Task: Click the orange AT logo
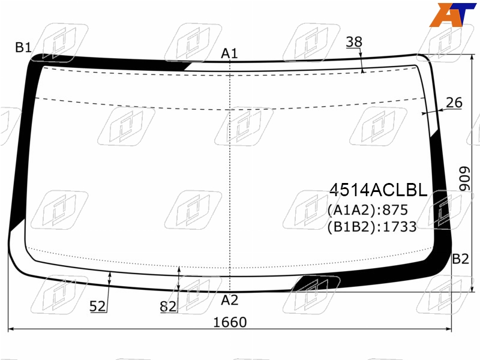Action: click(x=452, y=14)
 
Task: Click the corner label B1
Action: click(x=23, y=47)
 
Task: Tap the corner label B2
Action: click(x=460, y=259)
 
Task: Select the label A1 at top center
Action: click(x=229, y=53)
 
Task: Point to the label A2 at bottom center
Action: click(x=230, y=300)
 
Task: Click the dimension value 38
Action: click(x=354, y=42)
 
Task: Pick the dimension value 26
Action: click(x=454, y=103)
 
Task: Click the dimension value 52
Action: click(x=98, y=306)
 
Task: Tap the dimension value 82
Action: click(x=168, y=307)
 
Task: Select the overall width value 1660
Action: click(x=230, y=322)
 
